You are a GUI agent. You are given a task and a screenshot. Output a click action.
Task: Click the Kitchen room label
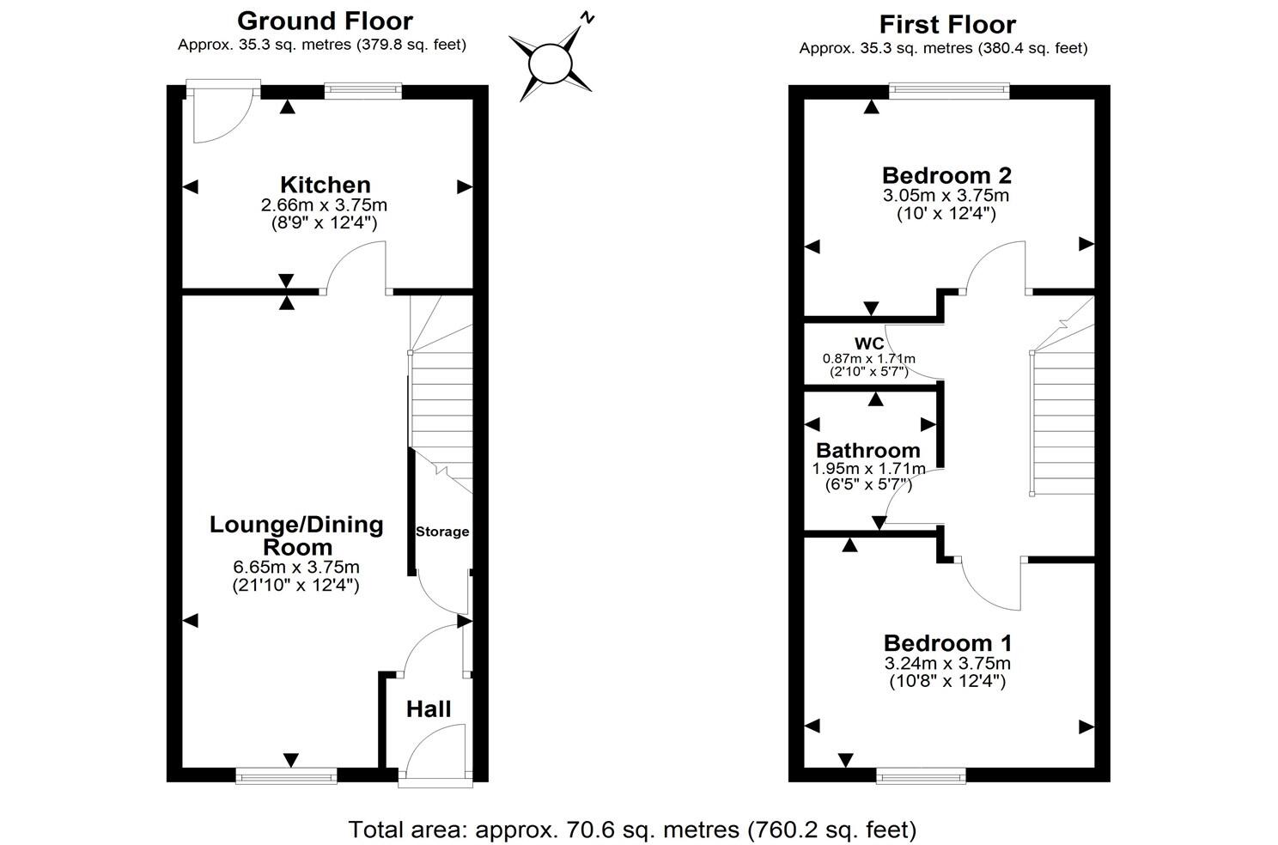tap(325, 185)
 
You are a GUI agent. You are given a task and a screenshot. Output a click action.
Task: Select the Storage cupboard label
tap(442, 532)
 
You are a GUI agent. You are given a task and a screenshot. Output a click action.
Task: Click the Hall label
tap(429, 709)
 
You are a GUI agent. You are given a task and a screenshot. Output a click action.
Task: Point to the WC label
tap(869, 344)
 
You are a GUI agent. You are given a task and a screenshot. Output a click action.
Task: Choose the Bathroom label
tap(868, 451)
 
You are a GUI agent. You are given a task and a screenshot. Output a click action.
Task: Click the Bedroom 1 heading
tap(947, 643)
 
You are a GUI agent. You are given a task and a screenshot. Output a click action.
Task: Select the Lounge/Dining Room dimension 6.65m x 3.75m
tap(296, 567)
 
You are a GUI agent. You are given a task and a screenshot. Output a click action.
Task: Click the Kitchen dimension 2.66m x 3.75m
tap(325, 205)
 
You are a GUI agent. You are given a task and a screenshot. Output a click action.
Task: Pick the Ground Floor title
tap(325, 21)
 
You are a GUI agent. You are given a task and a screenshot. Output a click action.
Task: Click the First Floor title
tap(947, 24)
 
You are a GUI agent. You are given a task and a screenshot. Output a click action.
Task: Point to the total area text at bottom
tap(632, 830)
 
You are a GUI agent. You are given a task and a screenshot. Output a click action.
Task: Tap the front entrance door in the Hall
tap(435, 756)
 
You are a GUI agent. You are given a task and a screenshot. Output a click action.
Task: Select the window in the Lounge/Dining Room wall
tap(287, 775)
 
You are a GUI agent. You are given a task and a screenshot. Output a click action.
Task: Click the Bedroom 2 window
tap(948, 87)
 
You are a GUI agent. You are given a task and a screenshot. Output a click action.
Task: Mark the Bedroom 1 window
tap(921, 775)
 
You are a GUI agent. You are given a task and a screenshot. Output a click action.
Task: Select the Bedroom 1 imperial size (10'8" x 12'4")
tap(947, 682)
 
